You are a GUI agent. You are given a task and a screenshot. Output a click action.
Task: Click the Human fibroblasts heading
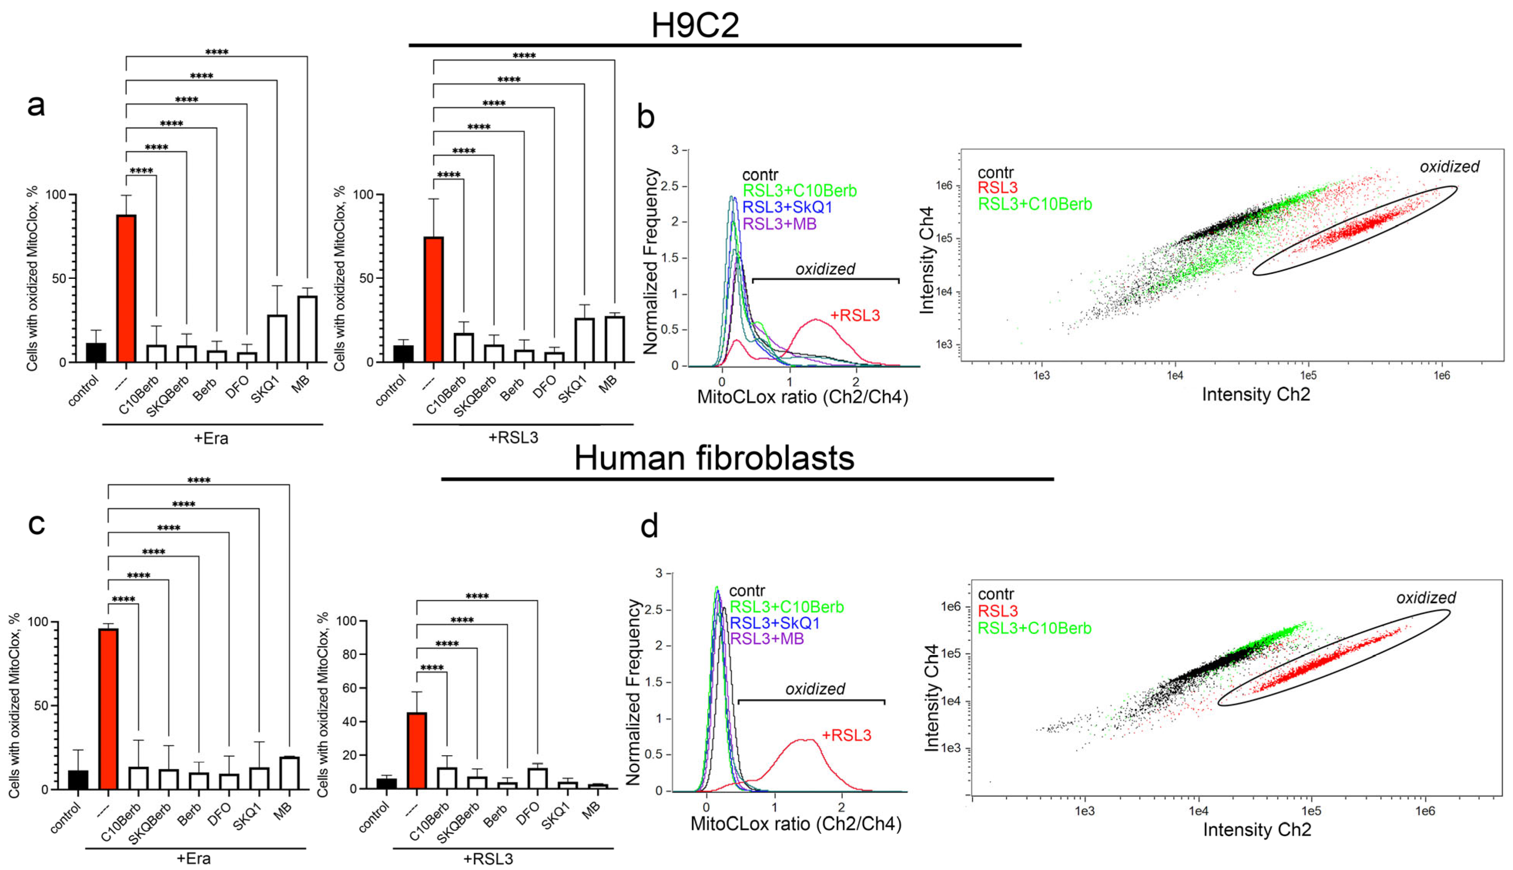pos(714,458)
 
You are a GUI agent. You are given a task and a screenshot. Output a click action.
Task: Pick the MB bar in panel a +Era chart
pos(307,329)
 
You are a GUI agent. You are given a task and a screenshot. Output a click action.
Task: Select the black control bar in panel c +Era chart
pos(78,780)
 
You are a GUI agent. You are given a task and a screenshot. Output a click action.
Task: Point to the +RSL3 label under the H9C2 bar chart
pos(513,438)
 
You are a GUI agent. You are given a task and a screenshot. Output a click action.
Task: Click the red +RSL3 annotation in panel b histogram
pos(855,315)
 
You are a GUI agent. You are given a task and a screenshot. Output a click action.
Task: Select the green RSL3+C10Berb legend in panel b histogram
pos(800,191)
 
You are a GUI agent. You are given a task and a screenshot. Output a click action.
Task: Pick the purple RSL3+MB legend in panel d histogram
pos(767,639)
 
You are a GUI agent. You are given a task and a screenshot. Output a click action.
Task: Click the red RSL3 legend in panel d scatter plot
pos(997,611)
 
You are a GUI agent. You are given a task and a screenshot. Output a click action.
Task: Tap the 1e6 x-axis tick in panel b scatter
pos(1441,375)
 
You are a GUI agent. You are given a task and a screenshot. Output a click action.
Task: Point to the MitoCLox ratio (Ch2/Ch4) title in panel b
pos(802,397)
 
